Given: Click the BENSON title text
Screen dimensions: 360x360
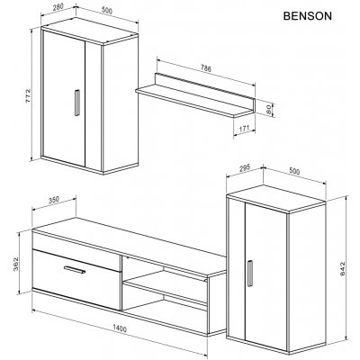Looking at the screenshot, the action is [308, 16].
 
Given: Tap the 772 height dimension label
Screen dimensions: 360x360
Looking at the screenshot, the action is [29, 95].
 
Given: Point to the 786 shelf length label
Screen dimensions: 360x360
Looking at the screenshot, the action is [205, 68].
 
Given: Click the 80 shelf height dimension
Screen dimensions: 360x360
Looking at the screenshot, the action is [269, 109].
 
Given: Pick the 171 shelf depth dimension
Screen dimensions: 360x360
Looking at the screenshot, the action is [245, 129].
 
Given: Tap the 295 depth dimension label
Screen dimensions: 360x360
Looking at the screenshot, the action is [245, 168].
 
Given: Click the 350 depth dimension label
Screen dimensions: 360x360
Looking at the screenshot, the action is [54, 199].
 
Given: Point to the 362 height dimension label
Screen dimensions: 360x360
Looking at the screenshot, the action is [16, 264].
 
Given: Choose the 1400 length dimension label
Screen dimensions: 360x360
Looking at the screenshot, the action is [120, 328].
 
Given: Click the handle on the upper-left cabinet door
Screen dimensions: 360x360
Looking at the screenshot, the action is [77, 103].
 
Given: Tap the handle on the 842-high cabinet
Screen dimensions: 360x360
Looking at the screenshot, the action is [249, 274].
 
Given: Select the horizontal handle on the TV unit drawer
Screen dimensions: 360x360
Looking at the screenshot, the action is [75, 269].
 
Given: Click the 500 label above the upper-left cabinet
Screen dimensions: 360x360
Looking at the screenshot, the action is [107, 11].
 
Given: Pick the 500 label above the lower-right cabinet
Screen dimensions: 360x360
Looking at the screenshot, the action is [294, 171].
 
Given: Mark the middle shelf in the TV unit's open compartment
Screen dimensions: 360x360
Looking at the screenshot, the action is [166, 286].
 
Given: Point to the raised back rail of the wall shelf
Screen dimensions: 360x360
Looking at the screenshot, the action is [205, 86].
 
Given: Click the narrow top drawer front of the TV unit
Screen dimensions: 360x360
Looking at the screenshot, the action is [76, 246].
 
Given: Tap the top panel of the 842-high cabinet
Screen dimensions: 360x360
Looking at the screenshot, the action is [276, 199].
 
